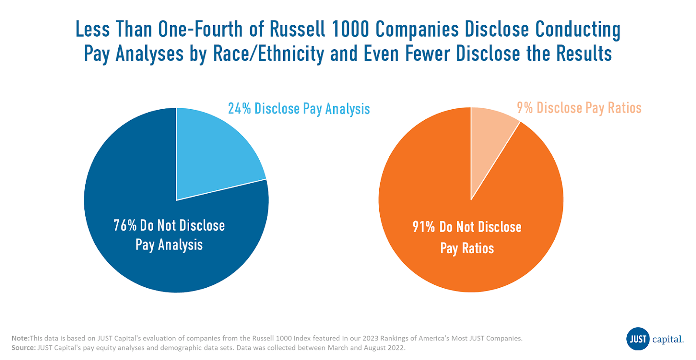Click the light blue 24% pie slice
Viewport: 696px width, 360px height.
tap(213, 152)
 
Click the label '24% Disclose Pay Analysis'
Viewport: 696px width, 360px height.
tap(299, 109)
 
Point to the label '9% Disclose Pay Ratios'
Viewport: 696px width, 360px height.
tap(579, 108)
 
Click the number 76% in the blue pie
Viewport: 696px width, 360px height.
tap(125, 225)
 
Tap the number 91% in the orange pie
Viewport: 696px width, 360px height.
tap(424, 227)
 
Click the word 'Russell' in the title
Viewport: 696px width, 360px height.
tap(298, 30)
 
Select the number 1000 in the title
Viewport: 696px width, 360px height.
tap(350, 30)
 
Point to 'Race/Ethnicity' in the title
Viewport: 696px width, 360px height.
tap(268, 54)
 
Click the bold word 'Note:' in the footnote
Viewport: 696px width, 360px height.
tap(20, 338)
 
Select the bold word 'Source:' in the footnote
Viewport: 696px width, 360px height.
tap(23, 348)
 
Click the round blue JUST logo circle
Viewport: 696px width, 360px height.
tap(638, 339)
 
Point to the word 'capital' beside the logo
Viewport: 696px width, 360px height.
tap(668, 340)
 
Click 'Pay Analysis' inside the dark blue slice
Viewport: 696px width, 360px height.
tap(169, 245)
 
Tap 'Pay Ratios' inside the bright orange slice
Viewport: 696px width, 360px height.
tap(467, 249)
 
